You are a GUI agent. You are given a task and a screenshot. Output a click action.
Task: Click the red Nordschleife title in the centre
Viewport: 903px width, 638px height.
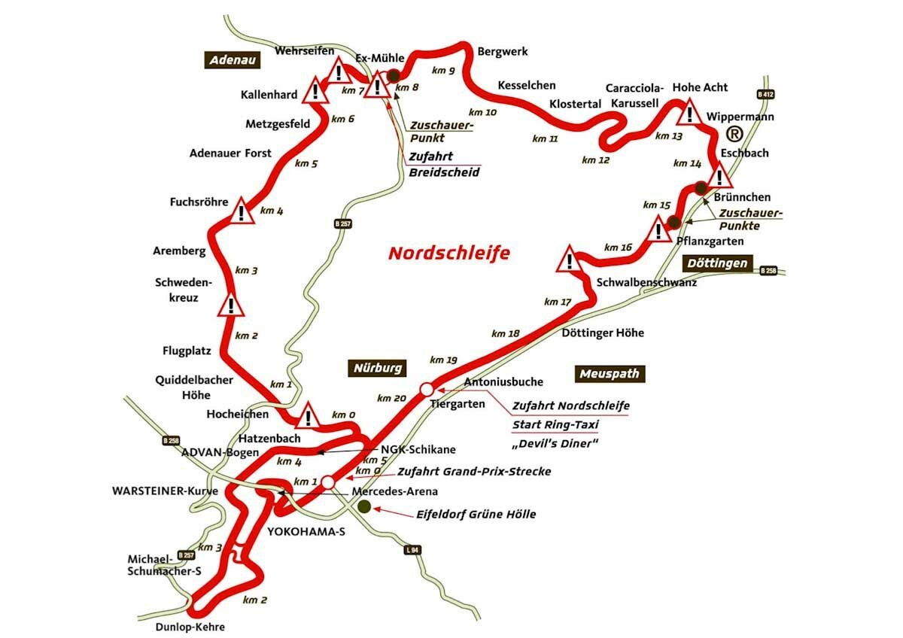tap(449, 253)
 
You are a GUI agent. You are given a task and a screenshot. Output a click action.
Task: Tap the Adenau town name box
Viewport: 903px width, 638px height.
tap(232, 61)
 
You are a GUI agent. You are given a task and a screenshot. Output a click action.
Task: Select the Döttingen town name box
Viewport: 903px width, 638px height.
tap(717, 263)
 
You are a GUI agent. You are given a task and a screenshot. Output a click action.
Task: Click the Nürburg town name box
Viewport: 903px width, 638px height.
tap(379, 368)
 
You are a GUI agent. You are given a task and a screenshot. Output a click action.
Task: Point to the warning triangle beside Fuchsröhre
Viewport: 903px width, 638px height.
tap(241, 211)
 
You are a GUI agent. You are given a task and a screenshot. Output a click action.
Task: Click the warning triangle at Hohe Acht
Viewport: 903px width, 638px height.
tap(689, 114)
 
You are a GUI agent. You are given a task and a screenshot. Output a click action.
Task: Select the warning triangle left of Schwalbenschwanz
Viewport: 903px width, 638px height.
tap(570, 260)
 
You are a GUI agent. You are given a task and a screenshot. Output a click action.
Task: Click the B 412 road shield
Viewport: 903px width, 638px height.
tap(766, 94)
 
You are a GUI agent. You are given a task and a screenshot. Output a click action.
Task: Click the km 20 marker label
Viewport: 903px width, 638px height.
tap(391, 397)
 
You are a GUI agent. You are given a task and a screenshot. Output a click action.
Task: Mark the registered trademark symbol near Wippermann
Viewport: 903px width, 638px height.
tap(734, 134)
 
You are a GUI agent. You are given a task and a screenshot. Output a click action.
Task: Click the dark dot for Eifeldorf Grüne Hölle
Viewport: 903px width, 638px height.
tap(364, 507)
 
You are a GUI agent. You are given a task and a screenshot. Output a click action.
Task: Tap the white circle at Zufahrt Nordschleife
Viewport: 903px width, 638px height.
tap(427, 389)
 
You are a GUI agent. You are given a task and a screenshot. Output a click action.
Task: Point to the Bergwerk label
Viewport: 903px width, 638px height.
tap(503, 52)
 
